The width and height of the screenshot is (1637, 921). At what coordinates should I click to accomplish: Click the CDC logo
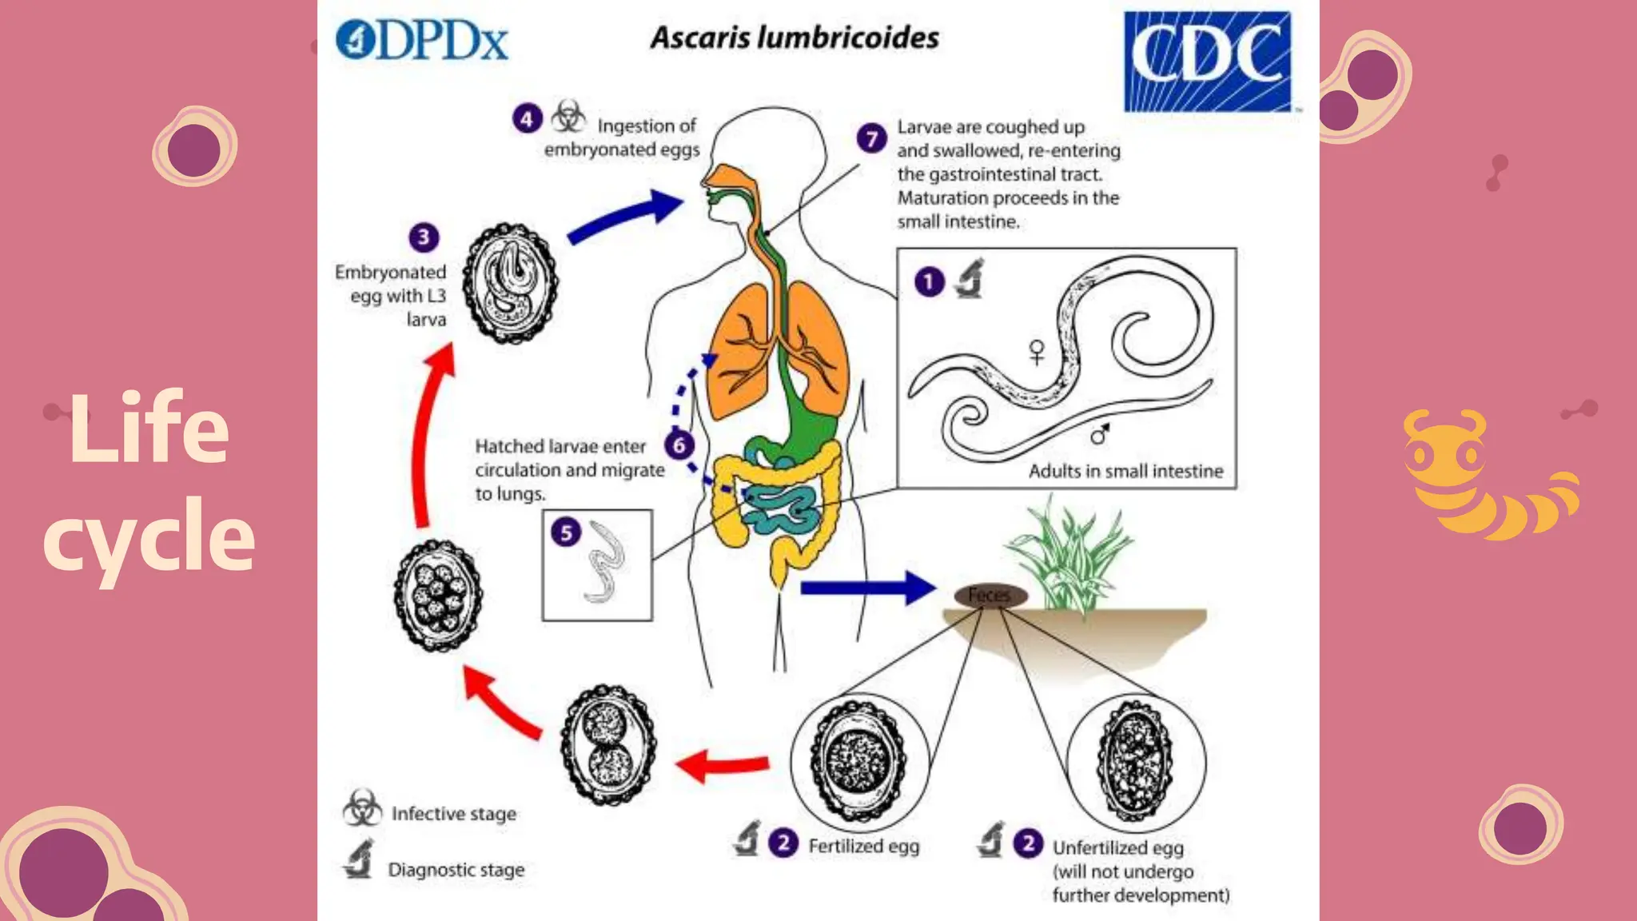click(1207, 61)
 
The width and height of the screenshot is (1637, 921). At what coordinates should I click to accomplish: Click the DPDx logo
click(422, 40)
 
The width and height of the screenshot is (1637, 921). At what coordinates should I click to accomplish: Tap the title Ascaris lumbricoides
click(795, 38)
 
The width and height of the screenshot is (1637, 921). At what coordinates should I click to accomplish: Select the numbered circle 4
click(527, 119)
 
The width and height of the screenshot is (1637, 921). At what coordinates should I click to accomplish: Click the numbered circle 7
click(871, 138)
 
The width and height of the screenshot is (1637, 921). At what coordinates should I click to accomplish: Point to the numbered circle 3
click(424, 237)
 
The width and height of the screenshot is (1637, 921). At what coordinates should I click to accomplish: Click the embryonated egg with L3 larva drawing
click(512, 283)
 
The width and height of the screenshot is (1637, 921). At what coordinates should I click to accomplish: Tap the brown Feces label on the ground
click(990, 595)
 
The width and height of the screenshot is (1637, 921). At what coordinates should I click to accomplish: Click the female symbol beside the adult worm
click(1037, 352)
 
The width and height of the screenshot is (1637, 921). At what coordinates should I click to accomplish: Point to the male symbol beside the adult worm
click(1100, 434)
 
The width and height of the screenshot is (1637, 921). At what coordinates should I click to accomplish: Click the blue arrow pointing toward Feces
click(867, 588)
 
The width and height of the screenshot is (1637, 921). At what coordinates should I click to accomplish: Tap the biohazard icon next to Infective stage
click(362, 808)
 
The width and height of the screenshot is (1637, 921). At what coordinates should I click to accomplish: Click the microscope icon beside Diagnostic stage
click(359, 859)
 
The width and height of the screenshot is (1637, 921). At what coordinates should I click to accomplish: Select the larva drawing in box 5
click(605, 562)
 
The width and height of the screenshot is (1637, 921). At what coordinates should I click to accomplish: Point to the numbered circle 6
click(679, 445)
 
